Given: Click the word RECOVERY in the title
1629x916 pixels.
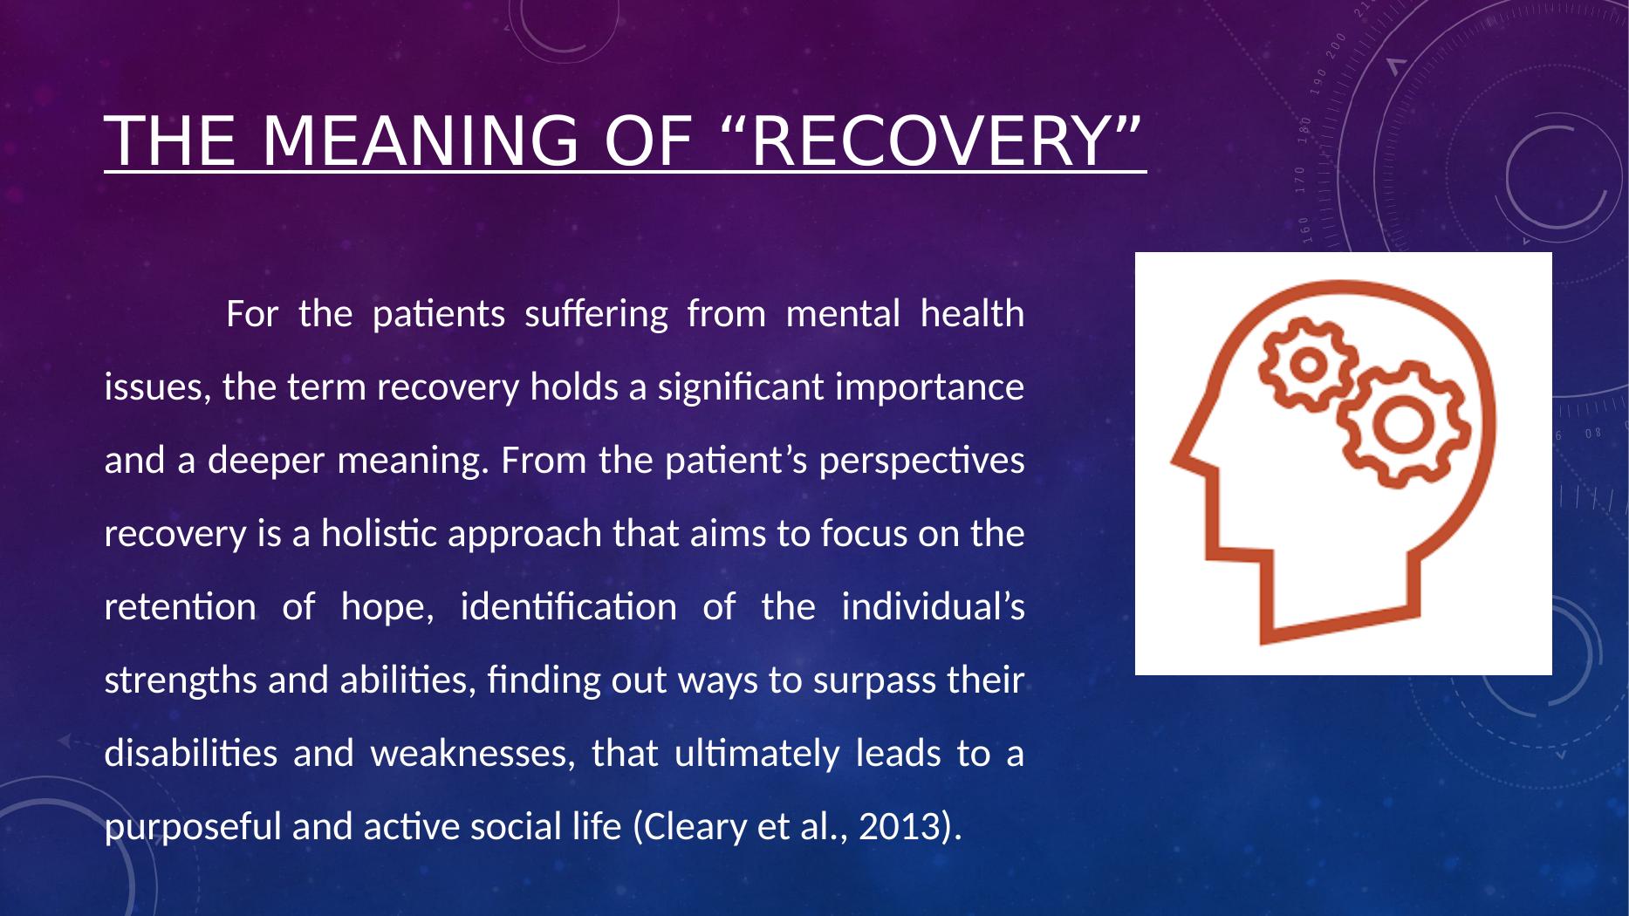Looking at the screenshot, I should (x=930, y=141).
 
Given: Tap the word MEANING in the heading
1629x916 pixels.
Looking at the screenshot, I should (x=420, y=141).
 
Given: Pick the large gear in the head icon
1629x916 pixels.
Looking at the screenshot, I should (x=1403, y=425).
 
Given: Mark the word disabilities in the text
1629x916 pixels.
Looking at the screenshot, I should (x=191, y=752).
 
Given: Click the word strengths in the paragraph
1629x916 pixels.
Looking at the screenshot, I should (x=181, y=680).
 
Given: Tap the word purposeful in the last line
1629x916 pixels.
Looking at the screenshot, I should (x=193, y=825).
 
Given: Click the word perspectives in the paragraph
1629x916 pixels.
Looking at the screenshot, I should (x=941, y=460).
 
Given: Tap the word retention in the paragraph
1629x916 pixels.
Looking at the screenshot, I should (x=180, y=606).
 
